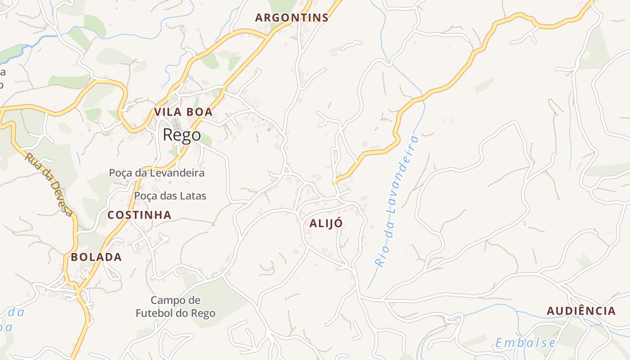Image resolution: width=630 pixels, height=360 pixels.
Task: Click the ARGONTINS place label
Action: coord(292,18)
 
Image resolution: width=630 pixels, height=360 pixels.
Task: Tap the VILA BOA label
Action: coord(183,112)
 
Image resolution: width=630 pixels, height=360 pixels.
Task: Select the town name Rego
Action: coord(182,135)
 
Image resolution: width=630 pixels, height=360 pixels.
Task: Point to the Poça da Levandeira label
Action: coord(157,173)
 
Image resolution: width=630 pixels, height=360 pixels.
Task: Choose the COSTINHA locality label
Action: coord(139,215)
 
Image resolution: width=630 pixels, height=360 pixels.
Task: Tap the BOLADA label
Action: coord(96,257)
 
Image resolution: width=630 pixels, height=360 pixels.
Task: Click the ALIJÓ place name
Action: coord(326,223)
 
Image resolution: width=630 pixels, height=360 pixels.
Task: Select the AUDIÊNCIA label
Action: coord(581,311)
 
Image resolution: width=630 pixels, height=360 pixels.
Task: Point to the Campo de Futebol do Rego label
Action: coord(175,306)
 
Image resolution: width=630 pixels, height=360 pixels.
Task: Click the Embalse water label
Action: coord(525,343)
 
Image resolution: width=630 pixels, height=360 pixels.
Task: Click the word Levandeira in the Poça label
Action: coord(177,173)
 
